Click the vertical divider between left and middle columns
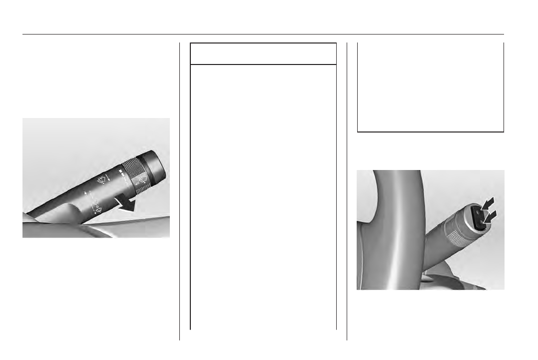tap(179, 190)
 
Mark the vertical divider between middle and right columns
tap(347, 190)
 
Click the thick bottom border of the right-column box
tap(430, 131)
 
